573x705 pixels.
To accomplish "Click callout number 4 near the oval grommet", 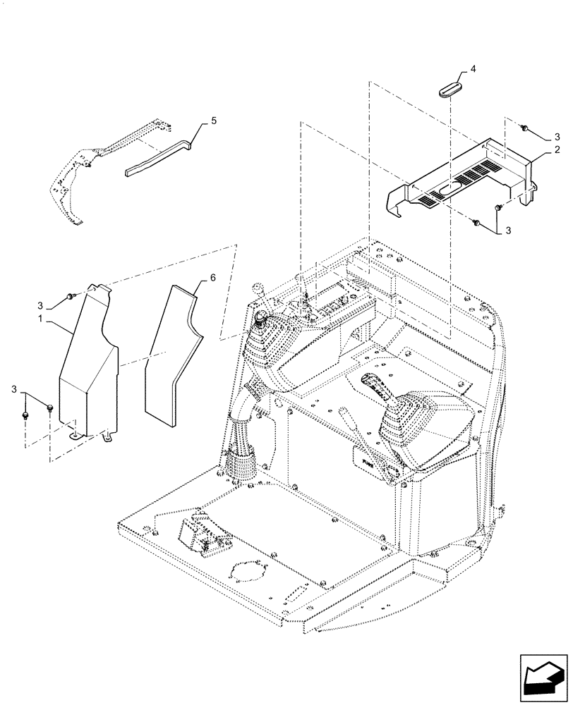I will [474, 69].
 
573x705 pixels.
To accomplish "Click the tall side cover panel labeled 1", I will [88, 367].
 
